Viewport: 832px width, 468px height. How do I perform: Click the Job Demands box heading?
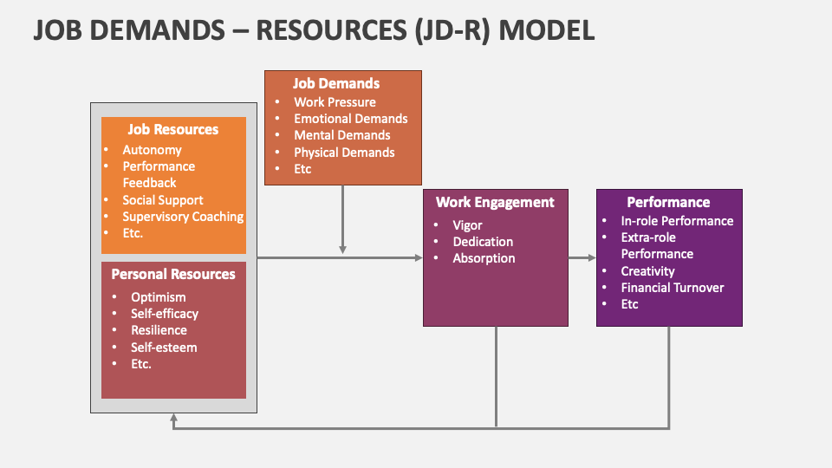[336, 84]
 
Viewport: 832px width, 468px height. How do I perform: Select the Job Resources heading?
[173, 130]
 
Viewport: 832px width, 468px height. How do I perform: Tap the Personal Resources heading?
[173, 275]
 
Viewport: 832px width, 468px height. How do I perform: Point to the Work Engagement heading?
[495, 203]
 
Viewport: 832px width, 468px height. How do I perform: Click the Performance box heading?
[668, 203]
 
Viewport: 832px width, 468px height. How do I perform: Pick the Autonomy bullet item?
[152, 150]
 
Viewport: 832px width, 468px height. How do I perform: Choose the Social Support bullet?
[163, 200]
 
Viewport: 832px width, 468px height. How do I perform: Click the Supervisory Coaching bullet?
[183, 217]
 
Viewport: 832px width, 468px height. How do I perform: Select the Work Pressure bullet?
[335, 102]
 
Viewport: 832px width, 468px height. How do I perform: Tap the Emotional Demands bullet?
[350, 119]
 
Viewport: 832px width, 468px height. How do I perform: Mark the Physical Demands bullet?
[344, 153]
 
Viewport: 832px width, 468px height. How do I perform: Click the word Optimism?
[159, 297]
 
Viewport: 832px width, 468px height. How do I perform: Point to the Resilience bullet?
[159, 330]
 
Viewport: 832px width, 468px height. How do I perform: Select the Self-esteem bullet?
[164, 348]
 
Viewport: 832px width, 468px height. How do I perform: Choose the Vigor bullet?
[467, 225]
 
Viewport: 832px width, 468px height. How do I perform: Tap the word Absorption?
[484, 258]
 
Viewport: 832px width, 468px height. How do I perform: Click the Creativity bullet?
[647, 271]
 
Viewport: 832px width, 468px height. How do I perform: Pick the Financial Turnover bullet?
[672, 288]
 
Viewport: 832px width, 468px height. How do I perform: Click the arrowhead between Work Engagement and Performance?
[592, 258]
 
